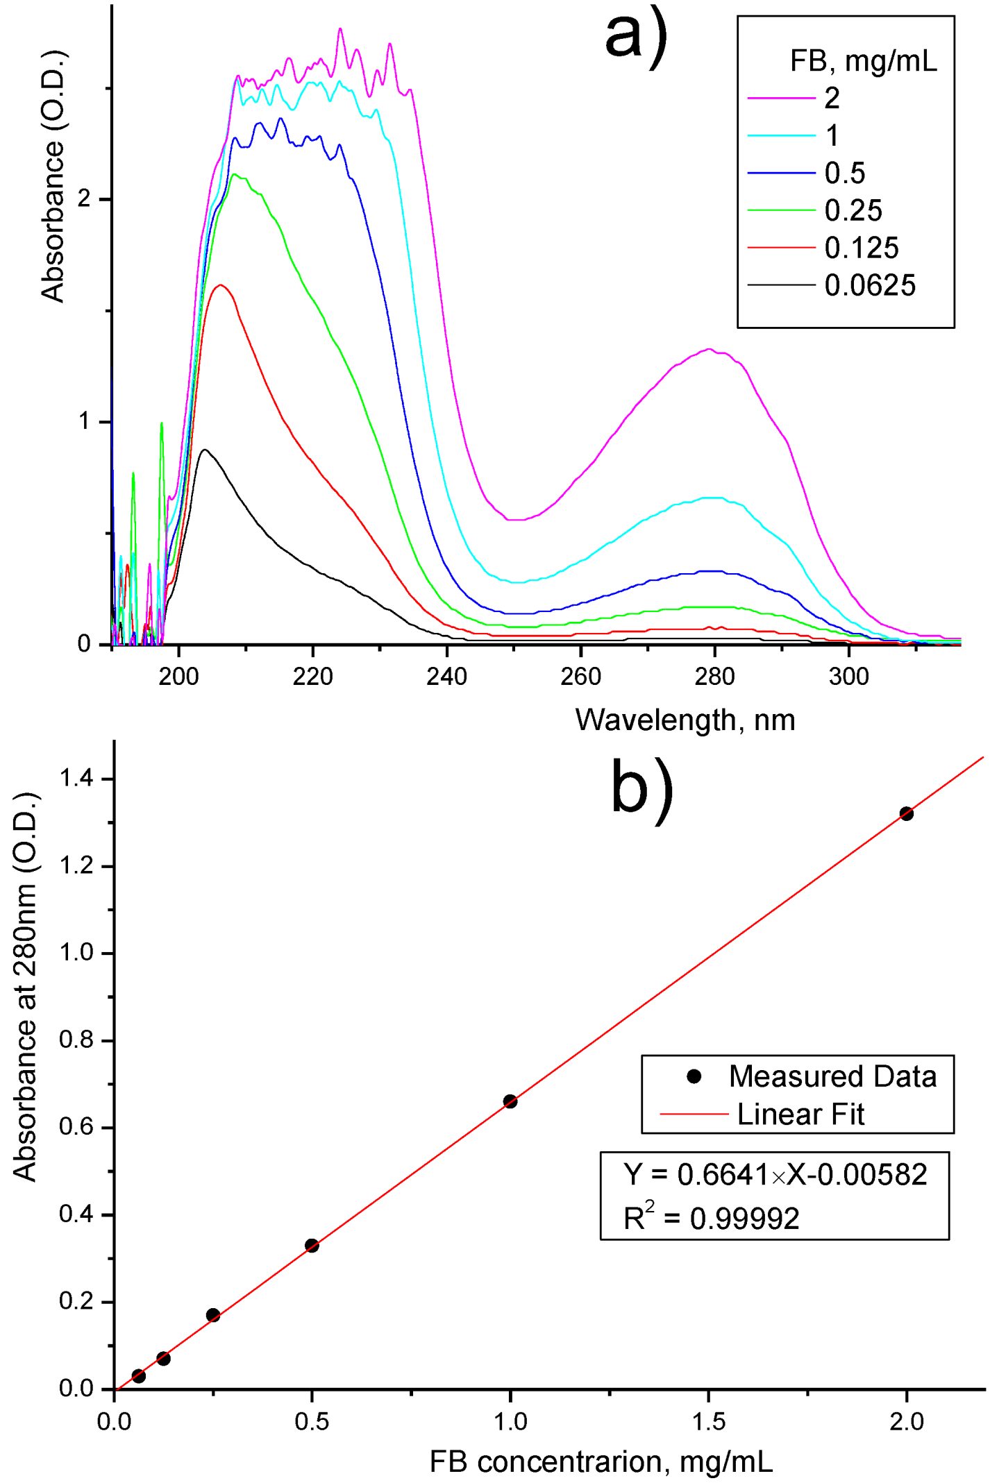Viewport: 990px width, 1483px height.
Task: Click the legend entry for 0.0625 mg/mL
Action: coord(869,286)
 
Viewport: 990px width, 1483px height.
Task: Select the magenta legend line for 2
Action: coord(781,99)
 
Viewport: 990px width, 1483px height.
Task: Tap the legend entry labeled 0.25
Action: coord(853,211)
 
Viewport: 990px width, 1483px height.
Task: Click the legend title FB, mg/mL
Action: coord(863,62)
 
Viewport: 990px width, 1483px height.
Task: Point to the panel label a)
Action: coord(636,36)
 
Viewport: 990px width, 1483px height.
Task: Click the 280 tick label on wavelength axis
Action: coord(714,677)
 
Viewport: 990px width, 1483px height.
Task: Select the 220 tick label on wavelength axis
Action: coord(312,677)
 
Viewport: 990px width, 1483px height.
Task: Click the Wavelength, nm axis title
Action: coord(685,720)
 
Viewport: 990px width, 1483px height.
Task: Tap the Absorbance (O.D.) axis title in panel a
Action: coord(53,177)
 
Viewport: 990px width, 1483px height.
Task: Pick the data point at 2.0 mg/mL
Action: coord(906,813)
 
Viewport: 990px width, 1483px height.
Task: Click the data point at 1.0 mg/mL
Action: coord(510,1101)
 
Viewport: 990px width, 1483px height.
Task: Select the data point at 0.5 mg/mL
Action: coord(312,1246)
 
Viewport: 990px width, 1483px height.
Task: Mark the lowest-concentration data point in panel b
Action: coord(138,1376)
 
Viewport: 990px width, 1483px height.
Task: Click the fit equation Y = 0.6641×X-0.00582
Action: coord(775,1175)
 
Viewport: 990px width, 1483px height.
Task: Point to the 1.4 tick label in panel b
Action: coord(76,779)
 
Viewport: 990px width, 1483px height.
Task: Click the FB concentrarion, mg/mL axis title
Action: coord(601,1461)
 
